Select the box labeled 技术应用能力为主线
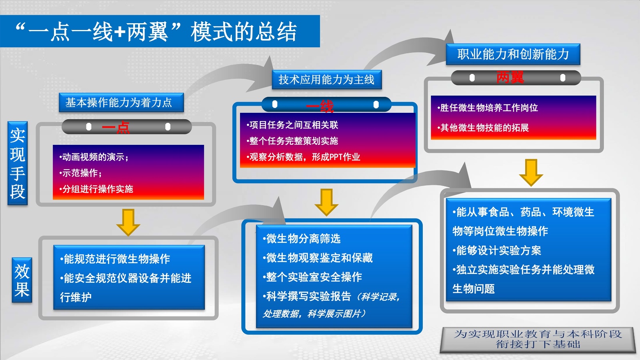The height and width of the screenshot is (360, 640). (x=326, y=80)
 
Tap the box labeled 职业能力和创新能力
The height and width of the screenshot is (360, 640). (x=513, y=54)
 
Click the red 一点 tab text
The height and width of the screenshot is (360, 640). (x=116, y=128)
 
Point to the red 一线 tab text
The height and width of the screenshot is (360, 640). (x=320, y=106)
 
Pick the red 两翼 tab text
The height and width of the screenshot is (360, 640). (x=510, y=77)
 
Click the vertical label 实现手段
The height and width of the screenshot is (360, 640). (x=18, y=163)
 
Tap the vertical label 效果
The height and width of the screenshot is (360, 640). (x=22, y=280)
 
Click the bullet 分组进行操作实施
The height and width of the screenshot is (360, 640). (x=97, y=189)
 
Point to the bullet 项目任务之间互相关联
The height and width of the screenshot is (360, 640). (x=293, y=125)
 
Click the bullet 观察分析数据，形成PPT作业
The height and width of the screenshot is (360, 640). (x=304, y=157)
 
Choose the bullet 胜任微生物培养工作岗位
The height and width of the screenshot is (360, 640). (x=488, y=108)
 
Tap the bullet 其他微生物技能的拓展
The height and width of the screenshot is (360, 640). (x=484, y=128)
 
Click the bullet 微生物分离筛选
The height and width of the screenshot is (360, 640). (x=302, y=239)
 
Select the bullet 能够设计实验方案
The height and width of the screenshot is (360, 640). (x=497, y=250)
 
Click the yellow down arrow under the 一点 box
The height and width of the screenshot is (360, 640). (x=128, y=222)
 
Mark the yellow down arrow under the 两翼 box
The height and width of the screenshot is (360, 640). (x=531, y=172)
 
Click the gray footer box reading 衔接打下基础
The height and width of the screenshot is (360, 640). (x=538, y=339)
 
